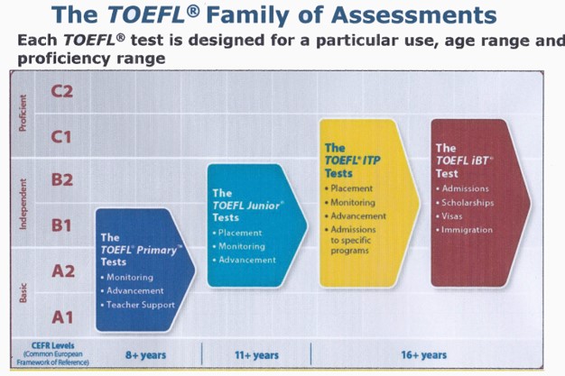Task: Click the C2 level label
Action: (62, 91)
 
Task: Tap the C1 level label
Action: (61, 137)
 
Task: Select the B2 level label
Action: (62, 179)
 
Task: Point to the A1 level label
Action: (62, 317)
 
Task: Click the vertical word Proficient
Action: (23, 113)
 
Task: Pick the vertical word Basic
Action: (23, 293)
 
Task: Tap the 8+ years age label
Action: (145, 355)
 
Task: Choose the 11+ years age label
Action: (256, 355)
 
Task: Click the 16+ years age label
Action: (424, 355)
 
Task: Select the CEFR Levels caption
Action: (53, 345)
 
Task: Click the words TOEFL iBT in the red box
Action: (464, 160)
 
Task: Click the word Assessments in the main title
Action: (413, 15)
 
